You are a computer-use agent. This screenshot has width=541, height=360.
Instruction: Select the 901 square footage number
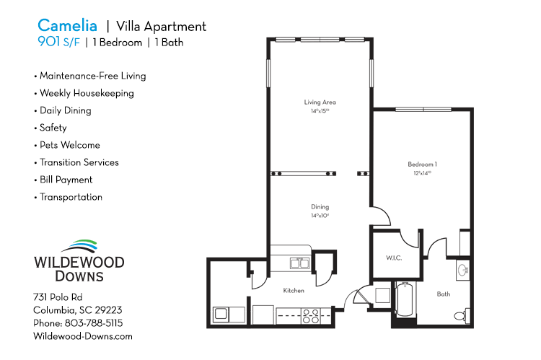pyautogui.click(x=50, y=42)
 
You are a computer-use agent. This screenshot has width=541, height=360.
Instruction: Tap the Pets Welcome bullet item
pyautogui.click(x=69, y=145)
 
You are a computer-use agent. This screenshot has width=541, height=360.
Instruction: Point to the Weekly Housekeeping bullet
pyautogui.click(x=87, y=93)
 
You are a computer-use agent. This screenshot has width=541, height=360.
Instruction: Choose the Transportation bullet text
pyautogui.click(x=71, y=197)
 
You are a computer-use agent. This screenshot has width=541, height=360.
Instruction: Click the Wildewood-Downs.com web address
pyautogui.click(x=83, y=336)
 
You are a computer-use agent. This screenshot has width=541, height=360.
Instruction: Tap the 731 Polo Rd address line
pyautogui.click(x=58, y=297)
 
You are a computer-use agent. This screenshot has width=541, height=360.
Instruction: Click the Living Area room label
pyautogui.click(x=320, y=102)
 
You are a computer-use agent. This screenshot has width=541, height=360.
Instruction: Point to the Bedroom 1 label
pyautogui.click(x=423, y=164)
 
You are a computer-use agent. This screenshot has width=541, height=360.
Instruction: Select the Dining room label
pyautogui.click(x=320, y=206)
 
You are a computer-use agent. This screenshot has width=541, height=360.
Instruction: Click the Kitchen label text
pyautogui.click(x=294, y=290)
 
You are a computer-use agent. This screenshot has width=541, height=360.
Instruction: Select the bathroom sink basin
pyautogui.click(x=462, y=271)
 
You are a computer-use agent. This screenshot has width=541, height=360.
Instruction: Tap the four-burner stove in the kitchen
pyautogui.click(x=311, y=315)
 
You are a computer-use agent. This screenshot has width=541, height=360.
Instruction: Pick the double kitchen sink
pyautogui.click(x=297, y=263)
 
